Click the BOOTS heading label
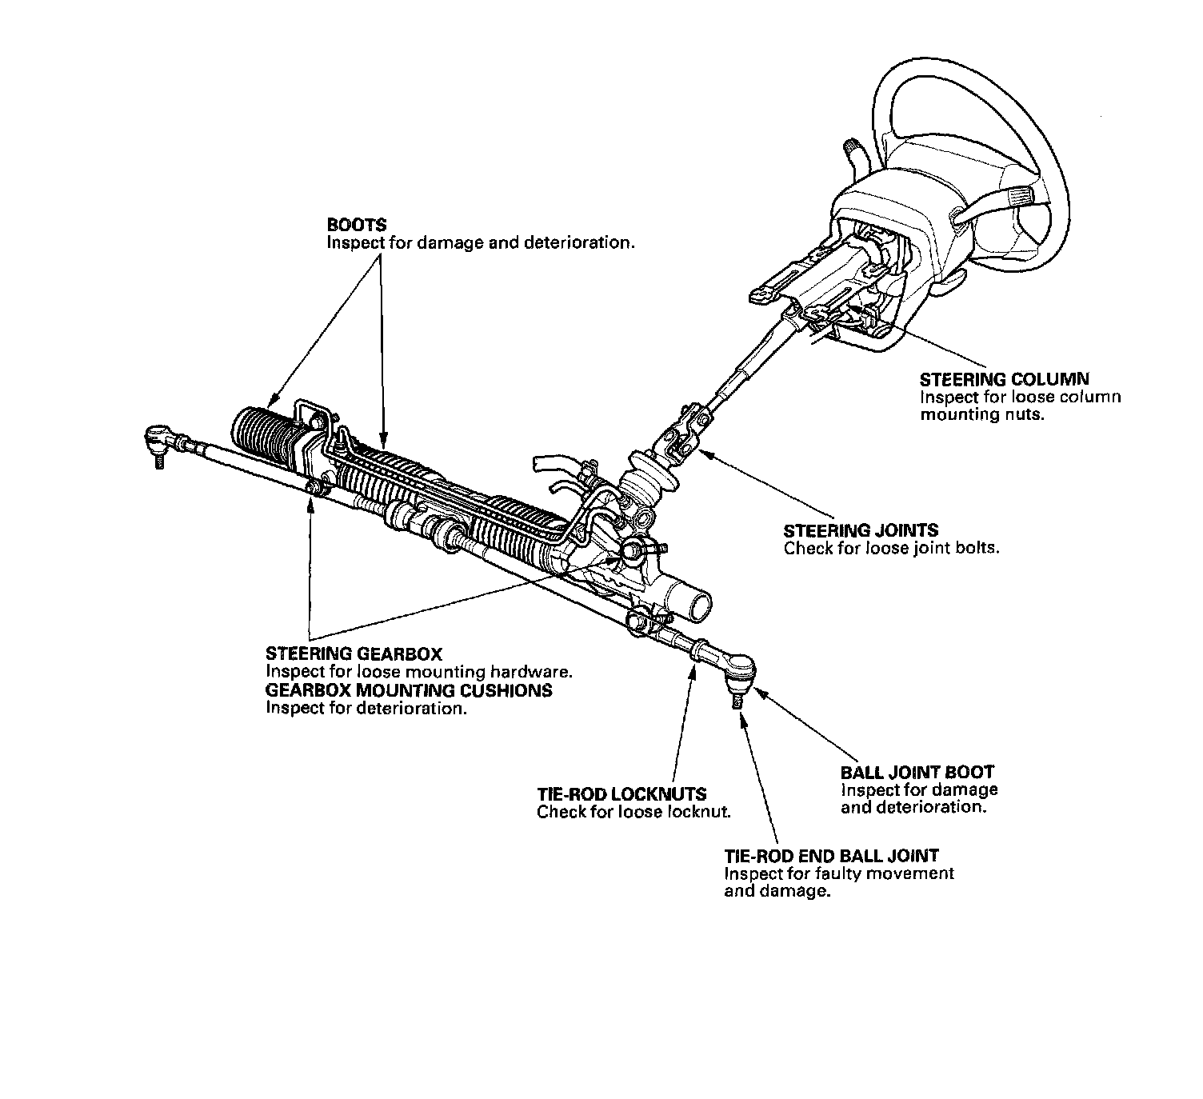[x=356, y=225]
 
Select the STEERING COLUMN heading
[x=1004, y=379]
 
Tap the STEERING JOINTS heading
[x=861, y=530]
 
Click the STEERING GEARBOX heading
[x=354, y=654]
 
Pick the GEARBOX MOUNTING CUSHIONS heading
[x=409, y=690]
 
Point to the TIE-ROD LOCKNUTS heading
[x=621, y=794]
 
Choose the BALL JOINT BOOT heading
[x=917, y=772]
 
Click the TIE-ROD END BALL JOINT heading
[x=831, y=856]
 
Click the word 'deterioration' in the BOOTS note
[x=579, y=242]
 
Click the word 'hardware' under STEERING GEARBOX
[x=535, y=672]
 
